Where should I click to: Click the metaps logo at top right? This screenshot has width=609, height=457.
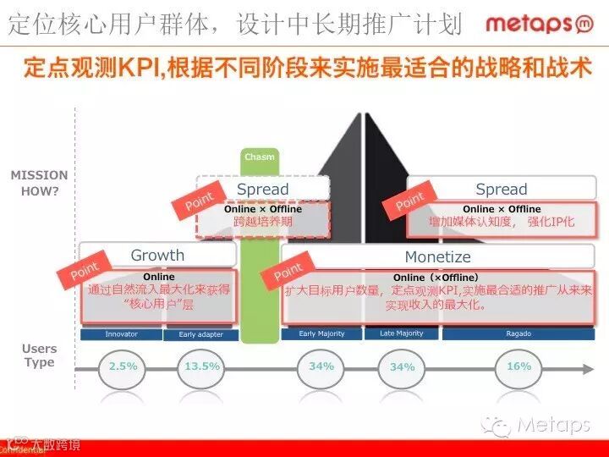tap(539, 23)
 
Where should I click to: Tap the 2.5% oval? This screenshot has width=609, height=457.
tap(123, 367)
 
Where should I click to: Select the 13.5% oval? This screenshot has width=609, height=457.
tap(202, 367)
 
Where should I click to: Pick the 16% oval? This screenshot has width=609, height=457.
tap(518, 367)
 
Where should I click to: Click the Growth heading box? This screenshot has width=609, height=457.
tap(157, 255)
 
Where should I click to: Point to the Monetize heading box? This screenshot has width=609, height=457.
tap(436, 256)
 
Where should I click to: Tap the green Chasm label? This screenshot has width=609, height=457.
tap(260, 157)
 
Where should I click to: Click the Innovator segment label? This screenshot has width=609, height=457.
tap(122, 334)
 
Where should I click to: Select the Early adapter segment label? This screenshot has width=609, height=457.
tap(201, 334)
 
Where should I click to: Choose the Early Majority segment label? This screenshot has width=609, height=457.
tap(322, 333)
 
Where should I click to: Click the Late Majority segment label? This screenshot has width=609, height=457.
tap(402, 333)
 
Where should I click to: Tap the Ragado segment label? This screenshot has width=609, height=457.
tap(518, 333)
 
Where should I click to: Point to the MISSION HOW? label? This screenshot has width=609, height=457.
tap(39, 183)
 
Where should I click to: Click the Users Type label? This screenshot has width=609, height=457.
tap(39, 355)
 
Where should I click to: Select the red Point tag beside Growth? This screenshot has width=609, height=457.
tap(85, 271)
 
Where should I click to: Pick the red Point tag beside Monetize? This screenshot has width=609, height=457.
tap(288, 273)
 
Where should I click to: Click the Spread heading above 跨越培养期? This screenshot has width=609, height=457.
tap(262, 189)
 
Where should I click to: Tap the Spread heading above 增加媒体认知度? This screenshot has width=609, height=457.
tap(501, 189)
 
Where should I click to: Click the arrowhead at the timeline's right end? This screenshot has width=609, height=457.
tap(587, 368)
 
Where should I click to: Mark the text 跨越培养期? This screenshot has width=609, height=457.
tap(262, 222)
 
